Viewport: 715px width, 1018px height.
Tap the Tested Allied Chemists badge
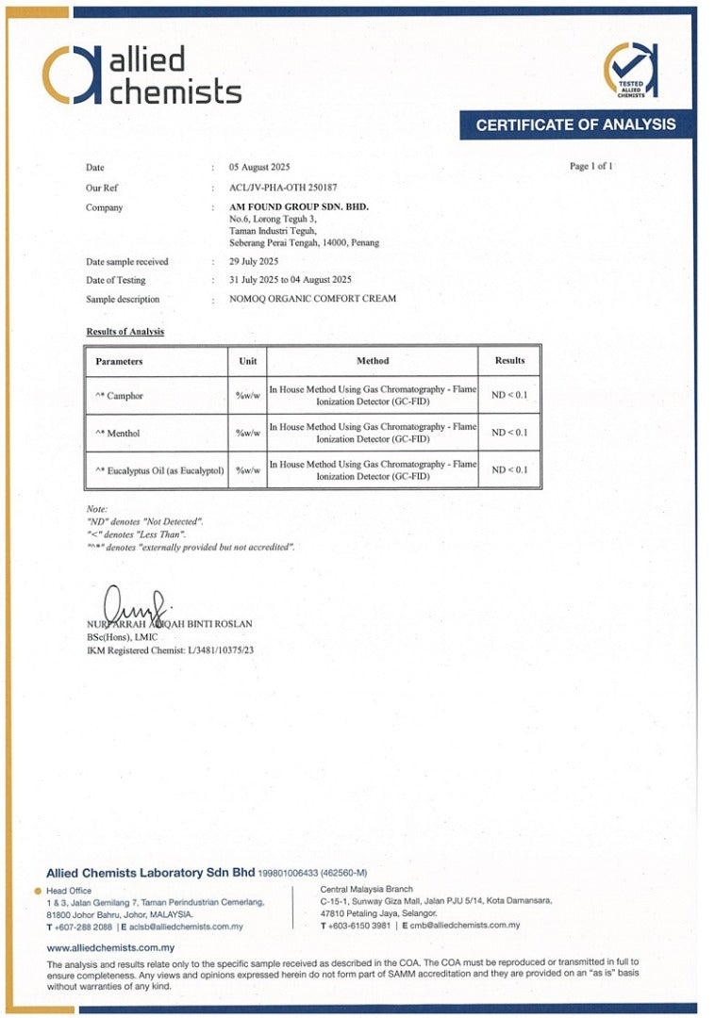click(631, 71)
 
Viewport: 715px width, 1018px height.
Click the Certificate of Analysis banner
click(575, 124)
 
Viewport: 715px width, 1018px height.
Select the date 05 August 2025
click(259, 167)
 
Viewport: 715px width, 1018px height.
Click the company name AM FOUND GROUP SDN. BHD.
click(299, 206)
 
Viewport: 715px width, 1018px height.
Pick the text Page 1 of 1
click(591, 167)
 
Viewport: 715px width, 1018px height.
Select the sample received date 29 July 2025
click(254, 261)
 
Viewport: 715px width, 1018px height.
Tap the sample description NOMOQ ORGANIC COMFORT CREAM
click(312, 299)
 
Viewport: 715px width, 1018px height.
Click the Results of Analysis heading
click(125, 332)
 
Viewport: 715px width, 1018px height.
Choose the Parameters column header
click(119, 361)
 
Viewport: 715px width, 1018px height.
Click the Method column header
click(373, 361)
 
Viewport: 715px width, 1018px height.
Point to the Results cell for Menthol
click(509, 433)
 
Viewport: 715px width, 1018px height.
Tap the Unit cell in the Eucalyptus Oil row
click(247, 470)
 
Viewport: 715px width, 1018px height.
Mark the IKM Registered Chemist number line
click(170, 650)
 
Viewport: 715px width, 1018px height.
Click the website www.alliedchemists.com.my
click(110, 947)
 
